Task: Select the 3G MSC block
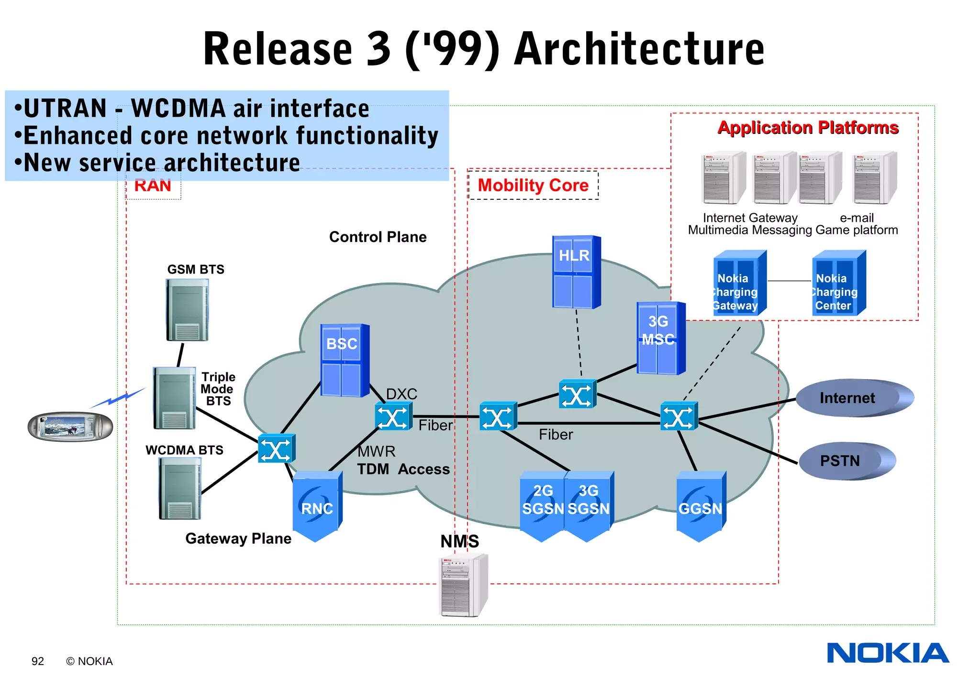[x=660, y=338]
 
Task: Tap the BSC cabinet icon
[x=344, y=360]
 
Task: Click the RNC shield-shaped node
[x=317, y=506]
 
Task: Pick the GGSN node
[x=701, y=506]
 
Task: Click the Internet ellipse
[x=854, y=398]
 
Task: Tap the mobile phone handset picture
[x=70, y=426]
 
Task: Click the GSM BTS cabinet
[x=187, y=310]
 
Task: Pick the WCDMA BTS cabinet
[x=180, y=488]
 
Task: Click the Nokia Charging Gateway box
[x=739, y=283]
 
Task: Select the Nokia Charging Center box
[x=838, y=283]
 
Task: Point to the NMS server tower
[x=463, y=585]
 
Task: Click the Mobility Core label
[x=533, y=185]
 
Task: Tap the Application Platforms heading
[x=808, y=128]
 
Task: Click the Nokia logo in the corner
[x=888, y=653]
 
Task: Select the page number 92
[x=38, y=661]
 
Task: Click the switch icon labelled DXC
[x=393, y=416]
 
